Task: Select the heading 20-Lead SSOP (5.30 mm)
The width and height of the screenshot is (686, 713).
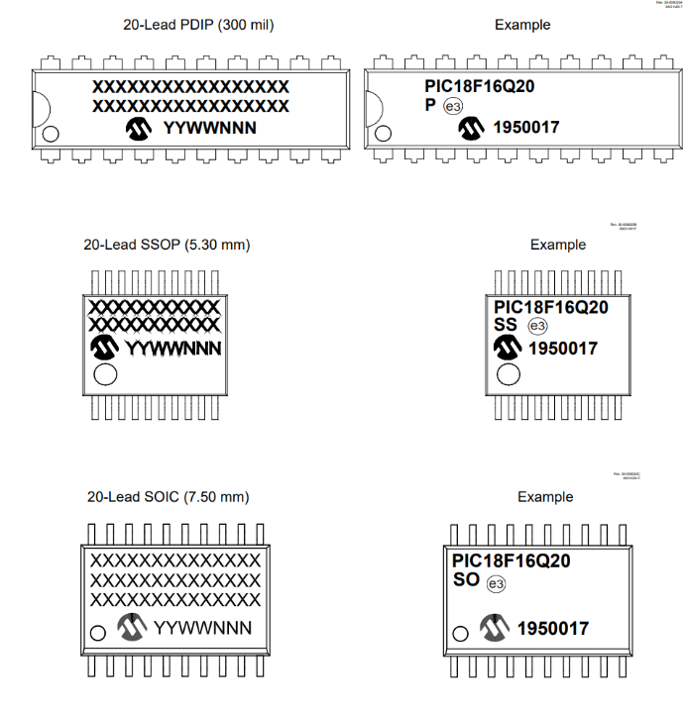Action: pyautogui.click(x=167, y=244)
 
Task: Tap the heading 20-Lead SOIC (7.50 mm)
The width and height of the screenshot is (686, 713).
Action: pyautogui.click(x=168, y=496)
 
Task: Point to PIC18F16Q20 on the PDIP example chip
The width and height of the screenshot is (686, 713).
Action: pyautogui.click(x=480, y=86)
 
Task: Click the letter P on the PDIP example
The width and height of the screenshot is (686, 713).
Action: pyautogui.click(x=430, y=105)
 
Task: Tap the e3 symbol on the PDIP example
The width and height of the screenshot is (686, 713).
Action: pyautogui.click(x=452, y=107)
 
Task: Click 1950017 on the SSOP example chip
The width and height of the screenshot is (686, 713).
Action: pyautogui.click(x=562, y=349)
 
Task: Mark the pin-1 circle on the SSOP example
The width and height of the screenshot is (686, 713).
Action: pyautogui.click(x=508, y=374)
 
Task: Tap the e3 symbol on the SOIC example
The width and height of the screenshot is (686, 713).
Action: pyautogui.click(x=497, y=584)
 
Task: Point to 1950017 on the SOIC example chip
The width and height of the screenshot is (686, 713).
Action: pyautogui.click(x=552, y=629)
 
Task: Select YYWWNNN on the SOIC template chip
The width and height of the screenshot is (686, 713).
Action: pyautogui.click(x=202, y=628)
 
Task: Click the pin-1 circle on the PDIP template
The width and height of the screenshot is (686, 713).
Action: pyautogui.click(x=51, y=134)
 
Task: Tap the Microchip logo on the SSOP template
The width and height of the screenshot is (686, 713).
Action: pyautogui.click(x=104, y=347)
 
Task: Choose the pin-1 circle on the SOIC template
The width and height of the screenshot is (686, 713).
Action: pyautogui.click(x=97, y=633)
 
